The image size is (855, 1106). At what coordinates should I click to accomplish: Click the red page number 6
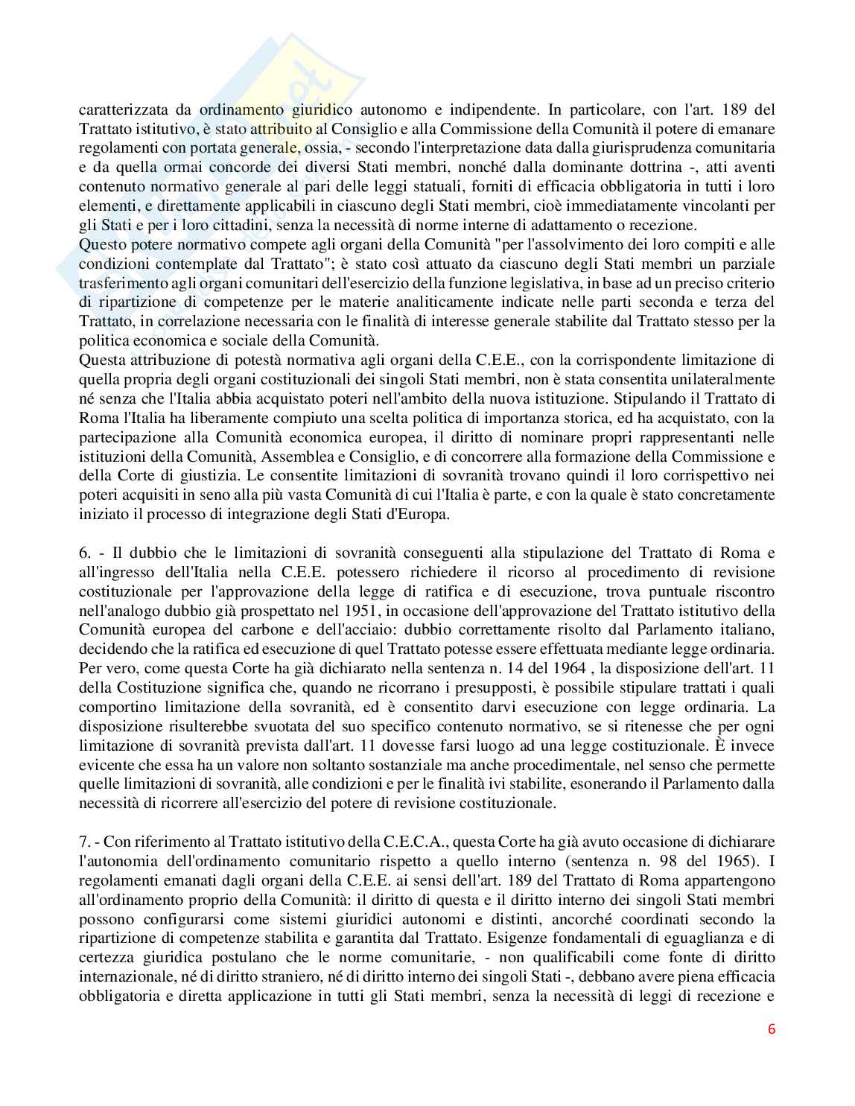point(771,1029)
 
